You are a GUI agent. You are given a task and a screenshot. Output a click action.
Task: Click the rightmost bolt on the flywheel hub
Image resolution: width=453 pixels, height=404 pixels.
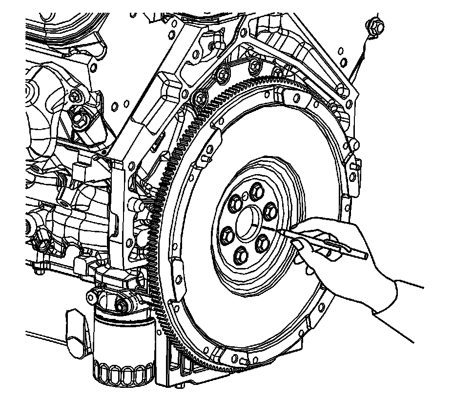pyautogui.click(x=270, y=211)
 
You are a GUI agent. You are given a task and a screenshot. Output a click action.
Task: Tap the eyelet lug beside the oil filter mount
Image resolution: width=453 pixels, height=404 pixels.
pyautogui.click(x=93, y=295)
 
